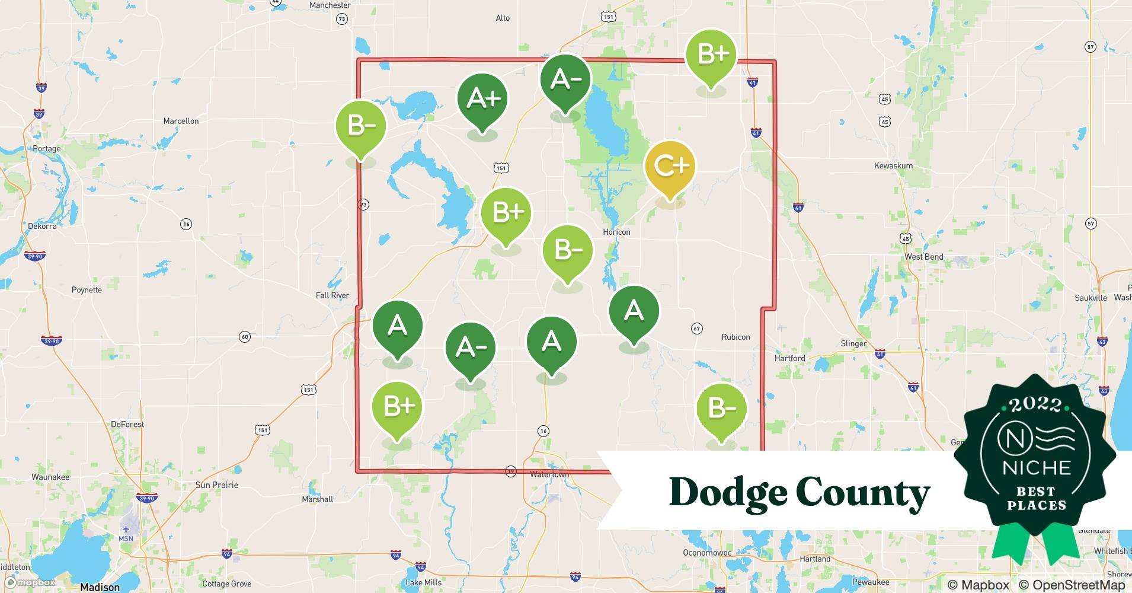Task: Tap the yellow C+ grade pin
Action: [670, 167]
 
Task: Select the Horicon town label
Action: [616, 232]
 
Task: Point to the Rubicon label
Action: [736, 337]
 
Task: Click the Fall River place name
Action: [332, 295]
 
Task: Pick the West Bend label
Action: [923, 257]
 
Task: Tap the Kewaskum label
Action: [893, 165]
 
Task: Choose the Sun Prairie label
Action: [216, 485]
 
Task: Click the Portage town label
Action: [47, 149]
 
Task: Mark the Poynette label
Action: [87, 290]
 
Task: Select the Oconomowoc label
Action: [707, 553]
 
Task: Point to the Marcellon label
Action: [181, 121]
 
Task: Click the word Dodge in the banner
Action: [727, 492]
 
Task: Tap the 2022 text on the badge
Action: [1035, 404]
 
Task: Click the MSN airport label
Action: [126, 538]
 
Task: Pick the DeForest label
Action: [127, 425]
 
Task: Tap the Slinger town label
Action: [853, 343]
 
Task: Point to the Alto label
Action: [503, 18]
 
